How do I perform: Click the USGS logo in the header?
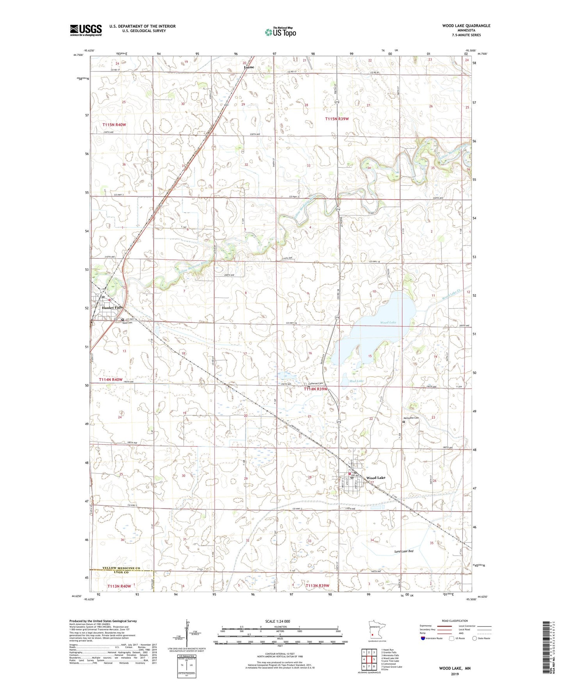click(x=85, y=30)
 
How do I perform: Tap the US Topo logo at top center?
click(x=280, y=32)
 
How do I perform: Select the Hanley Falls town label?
click(x=112, y=307)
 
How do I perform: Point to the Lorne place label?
click(x=249, y=67)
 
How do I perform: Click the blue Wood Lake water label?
click(x=388, y=322)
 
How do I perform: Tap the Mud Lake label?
click(x=356, y=380)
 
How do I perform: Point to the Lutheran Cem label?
click(x=315, y=383)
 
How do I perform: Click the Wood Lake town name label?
click(x=375, y=478)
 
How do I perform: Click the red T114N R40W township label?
click(x=110, y=379)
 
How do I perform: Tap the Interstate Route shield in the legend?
click(x=423, y=639)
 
